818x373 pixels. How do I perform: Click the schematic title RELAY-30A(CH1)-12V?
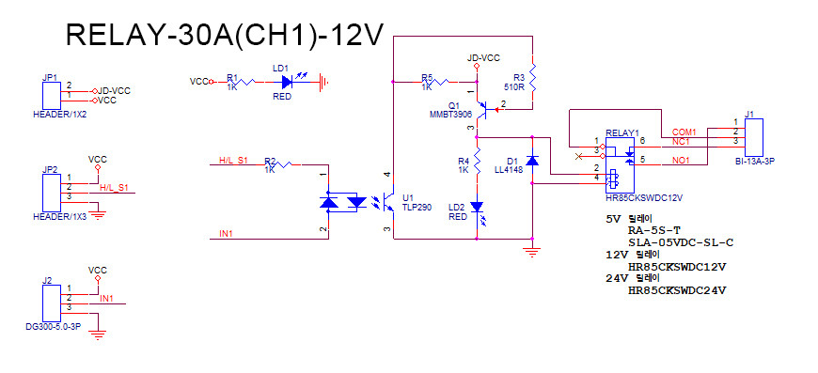[225, 35]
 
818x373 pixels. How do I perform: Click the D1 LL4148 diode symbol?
[532, 161]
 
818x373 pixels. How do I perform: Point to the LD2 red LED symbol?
[477, 206]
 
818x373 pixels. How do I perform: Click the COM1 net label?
[684, 131]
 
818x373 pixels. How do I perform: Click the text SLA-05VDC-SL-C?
[681, 241]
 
